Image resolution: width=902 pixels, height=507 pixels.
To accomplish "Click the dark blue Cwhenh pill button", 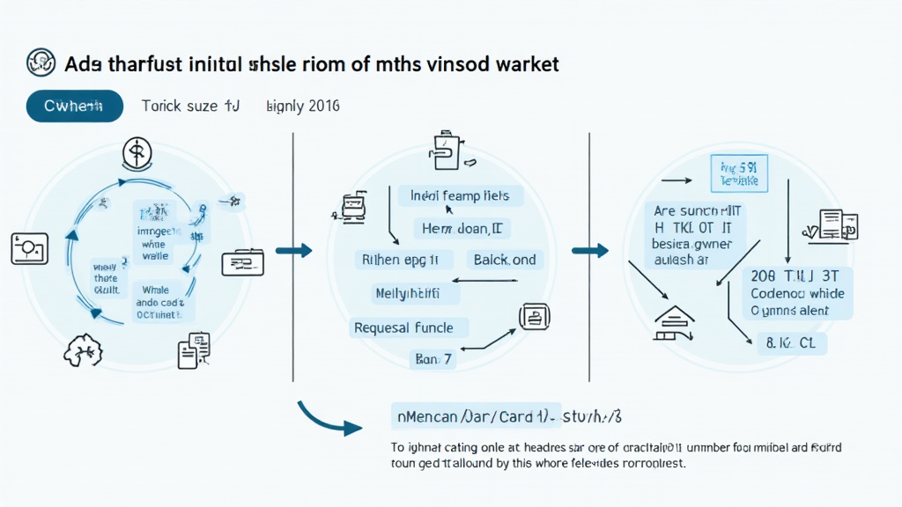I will [x=75, y=107].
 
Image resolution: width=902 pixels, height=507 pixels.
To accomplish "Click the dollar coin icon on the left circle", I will [x=137, y=154].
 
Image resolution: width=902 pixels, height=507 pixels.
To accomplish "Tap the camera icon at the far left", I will [x=29, y=248].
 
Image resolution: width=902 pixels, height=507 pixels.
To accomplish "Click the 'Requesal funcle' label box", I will [x=404, y=328].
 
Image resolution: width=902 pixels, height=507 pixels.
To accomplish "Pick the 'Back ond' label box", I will [x=505, y=260].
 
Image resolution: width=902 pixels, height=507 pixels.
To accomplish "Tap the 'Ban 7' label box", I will [x=433, y=359].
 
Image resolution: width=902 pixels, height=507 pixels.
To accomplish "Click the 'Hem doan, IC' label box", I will [x=462, y=229].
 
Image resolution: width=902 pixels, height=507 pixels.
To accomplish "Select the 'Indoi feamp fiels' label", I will [x=461, y=196].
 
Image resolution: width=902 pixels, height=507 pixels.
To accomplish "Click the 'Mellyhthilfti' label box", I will [x=407, y=293].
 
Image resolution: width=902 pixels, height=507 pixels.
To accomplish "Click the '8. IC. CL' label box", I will [x=792, y=343].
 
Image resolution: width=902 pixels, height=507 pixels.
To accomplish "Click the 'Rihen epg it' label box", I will [x=403, y=260].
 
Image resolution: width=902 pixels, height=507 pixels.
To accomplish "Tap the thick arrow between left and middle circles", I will [x=294, y=251].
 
